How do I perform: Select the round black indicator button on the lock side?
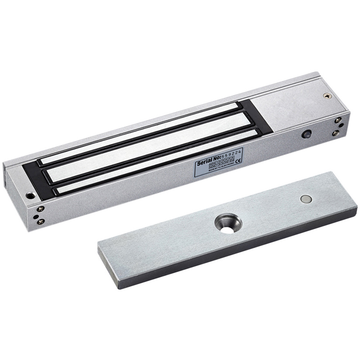coord(307,135)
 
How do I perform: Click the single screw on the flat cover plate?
coord(327,95)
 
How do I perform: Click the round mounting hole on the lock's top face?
coord(30,196)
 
